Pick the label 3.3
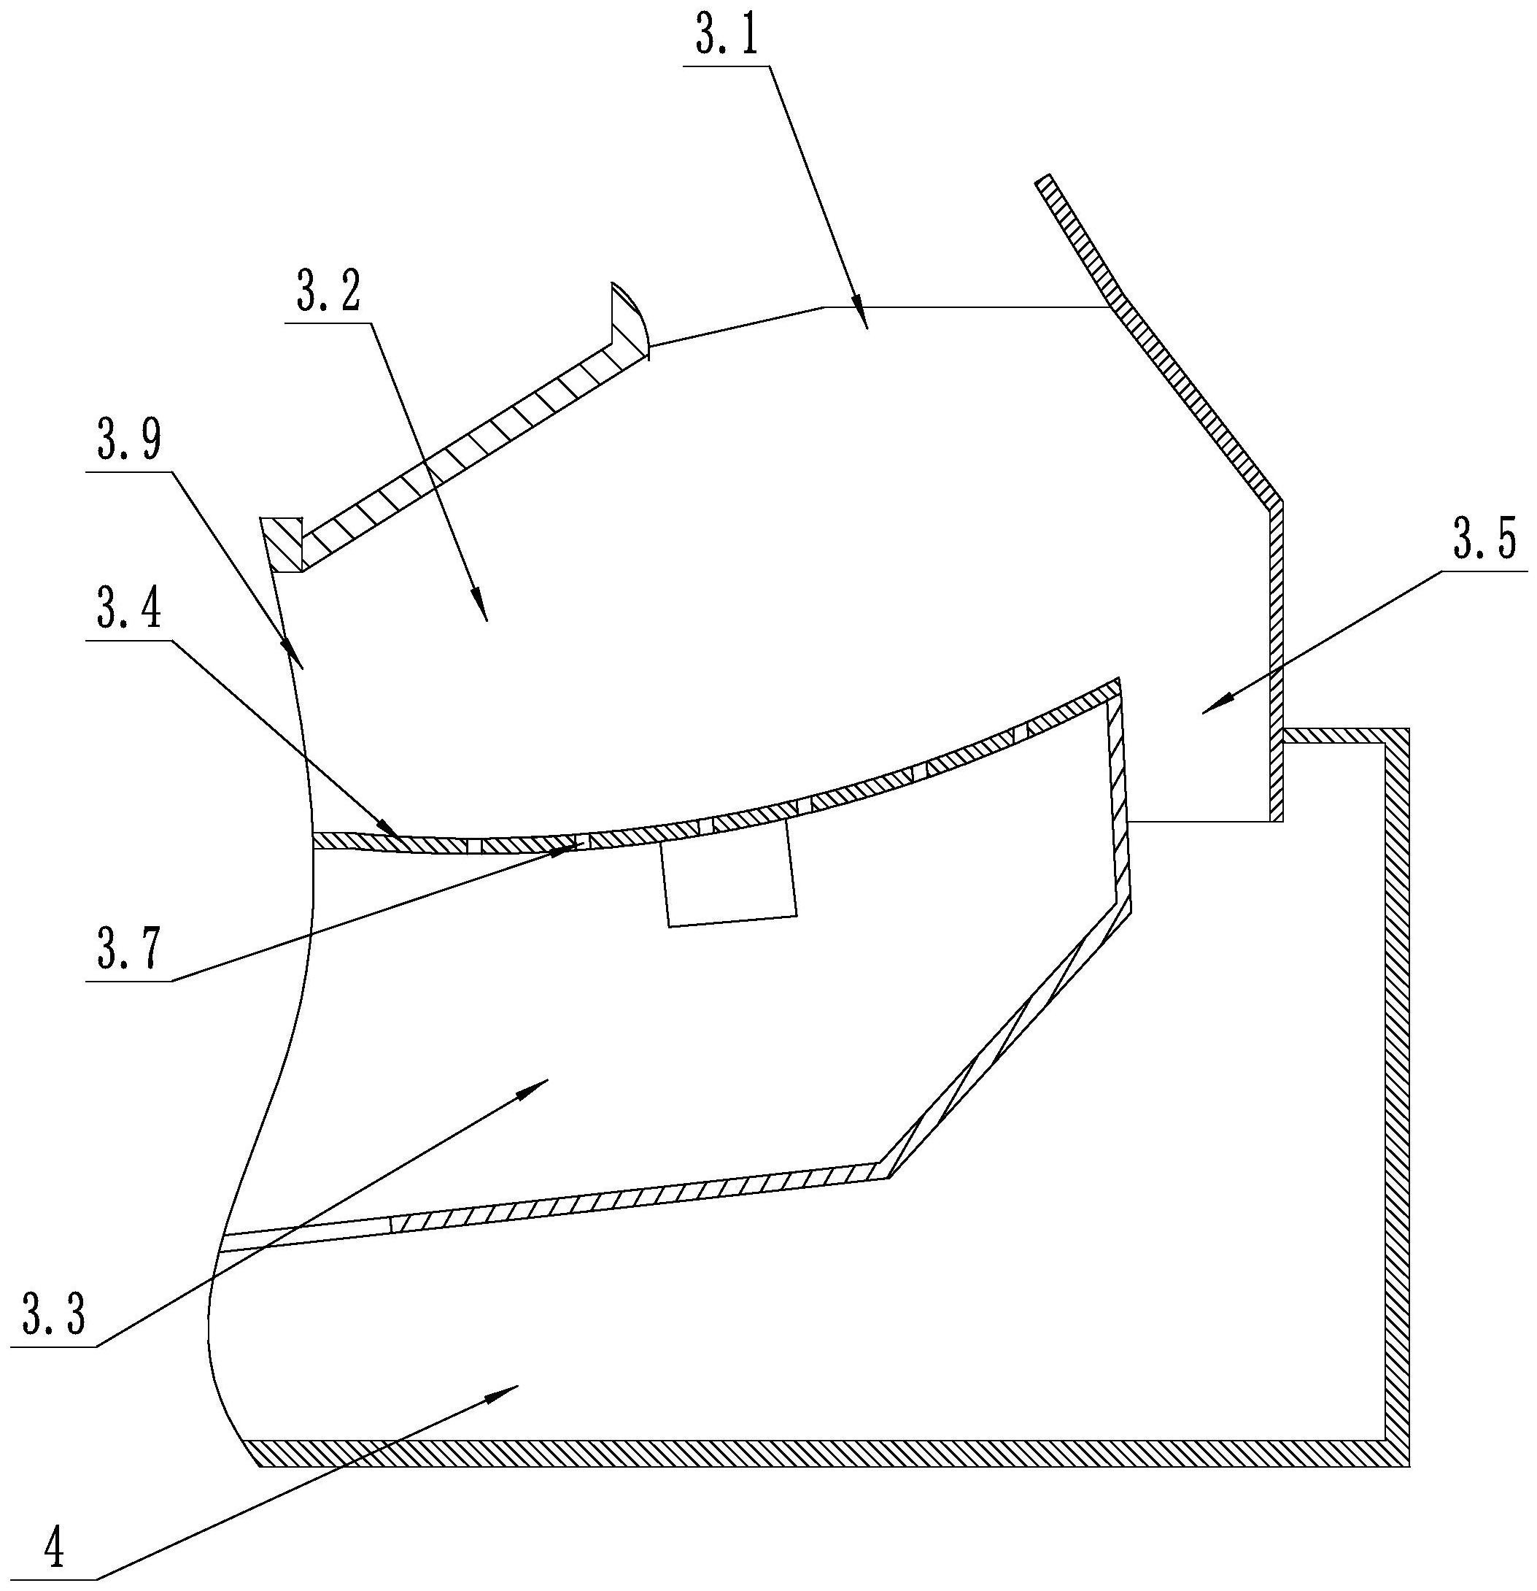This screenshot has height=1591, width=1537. click(53, 1315)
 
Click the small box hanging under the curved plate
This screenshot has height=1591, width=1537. click(728, 882)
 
